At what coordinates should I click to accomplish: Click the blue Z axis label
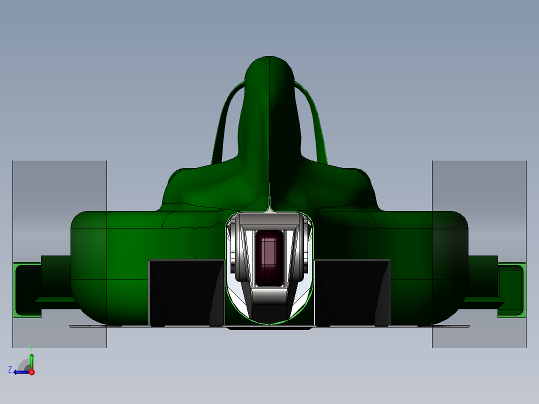(10, 369)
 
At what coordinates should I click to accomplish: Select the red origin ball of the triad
(31, 372)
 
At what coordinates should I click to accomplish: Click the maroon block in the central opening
(269, 257)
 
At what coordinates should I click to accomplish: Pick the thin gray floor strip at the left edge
(87, 326)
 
